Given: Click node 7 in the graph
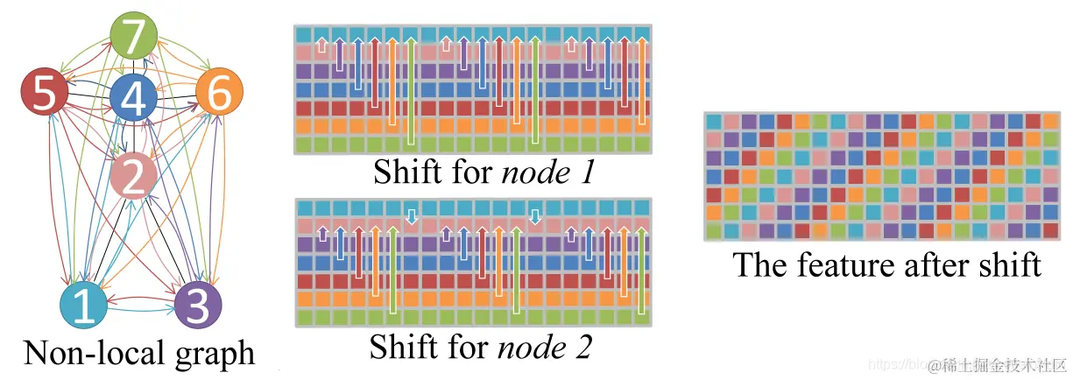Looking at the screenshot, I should click(133, 38).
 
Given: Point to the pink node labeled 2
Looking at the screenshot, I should click(133, 177).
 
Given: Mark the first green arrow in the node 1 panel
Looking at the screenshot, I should click(411, 92).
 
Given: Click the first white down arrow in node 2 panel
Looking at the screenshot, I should click(411, 213).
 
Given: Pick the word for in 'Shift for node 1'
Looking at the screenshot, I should click(471, 172).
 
